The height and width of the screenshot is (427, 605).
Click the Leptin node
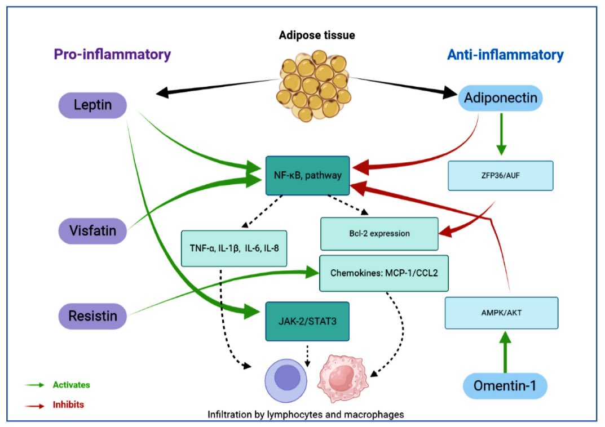[93, 105]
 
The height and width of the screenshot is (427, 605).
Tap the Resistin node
[93, 315]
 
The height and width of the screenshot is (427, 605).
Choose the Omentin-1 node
[505, 387]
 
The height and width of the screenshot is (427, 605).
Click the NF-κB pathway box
[308, 175]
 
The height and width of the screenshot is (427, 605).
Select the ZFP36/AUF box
[500, 175]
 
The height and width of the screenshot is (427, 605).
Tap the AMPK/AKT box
[501, 313]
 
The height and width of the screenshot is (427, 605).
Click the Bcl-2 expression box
[379, 233]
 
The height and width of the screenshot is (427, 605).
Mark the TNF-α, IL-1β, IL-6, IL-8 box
[234, 248]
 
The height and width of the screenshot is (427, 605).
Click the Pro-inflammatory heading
[112, 55]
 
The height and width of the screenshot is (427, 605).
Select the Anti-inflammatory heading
[505, 55]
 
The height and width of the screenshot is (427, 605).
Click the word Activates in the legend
[71, 385]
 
